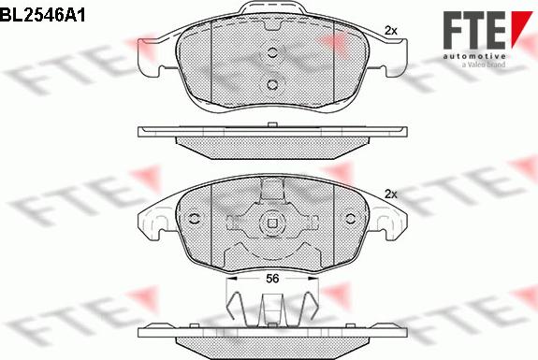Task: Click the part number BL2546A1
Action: click(42, 15)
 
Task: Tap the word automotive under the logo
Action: click(474, 56)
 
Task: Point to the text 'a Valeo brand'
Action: click(484, 65)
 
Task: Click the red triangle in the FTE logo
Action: click(520, 26)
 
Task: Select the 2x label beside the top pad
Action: click(391, 31)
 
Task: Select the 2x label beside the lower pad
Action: click(391, 194)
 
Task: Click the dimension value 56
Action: click(272, 279)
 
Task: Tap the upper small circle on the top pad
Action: click(272, 52)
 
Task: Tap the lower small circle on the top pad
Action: click(272, 85)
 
